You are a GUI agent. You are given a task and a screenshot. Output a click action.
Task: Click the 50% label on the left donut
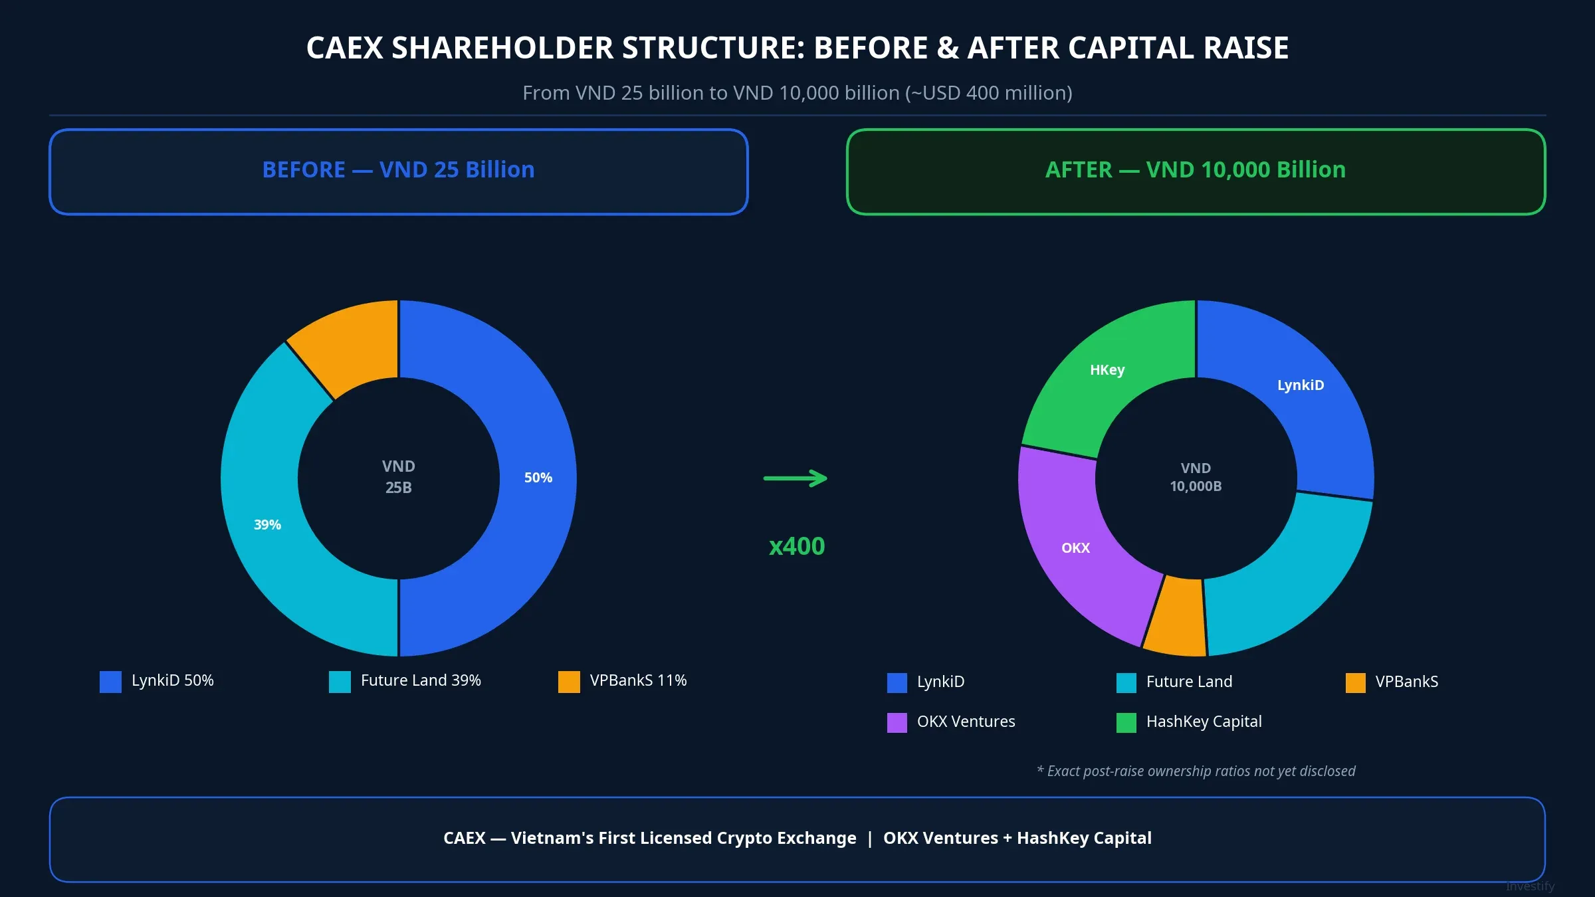538,478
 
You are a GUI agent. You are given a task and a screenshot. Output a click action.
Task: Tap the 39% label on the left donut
267,525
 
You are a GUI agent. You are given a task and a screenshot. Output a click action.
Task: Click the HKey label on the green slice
1107,370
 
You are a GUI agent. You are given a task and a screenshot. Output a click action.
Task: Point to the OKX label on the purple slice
1075,548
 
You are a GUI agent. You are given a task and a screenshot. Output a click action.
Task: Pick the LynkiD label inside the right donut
1300,385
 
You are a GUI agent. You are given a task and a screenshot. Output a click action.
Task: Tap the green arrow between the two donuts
796,478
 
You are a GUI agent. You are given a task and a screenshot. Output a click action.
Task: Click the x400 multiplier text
796,546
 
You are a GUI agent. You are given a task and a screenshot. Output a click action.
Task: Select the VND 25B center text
398,477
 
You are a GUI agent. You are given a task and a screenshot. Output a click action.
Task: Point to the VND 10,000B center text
1196,477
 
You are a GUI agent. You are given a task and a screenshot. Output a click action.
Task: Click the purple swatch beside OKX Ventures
897,722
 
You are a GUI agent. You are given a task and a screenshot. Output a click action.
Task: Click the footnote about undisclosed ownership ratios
1196,771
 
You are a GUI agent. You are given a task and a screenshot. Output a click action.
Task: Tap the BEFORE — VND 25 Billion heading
398,170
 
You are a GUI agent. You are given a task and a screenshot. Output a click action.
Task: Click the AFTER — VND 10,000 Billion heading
1195,170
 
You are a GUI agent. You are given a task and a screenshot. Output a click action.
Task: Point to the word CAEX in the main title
344,48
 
